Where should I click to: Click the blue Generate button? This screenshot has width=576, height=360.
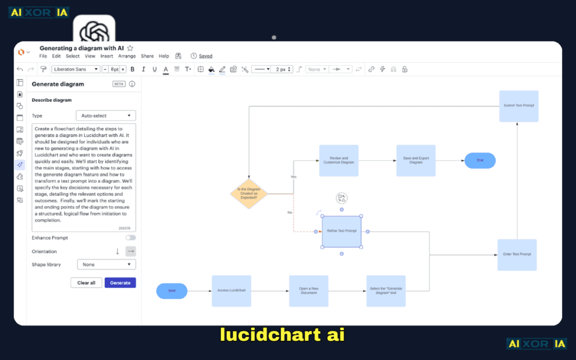[120, 282]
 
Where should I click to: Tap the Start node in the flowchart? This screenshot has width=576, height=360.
[172, 291]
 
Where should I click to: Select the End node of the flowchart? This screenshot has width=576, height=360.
[480, 160]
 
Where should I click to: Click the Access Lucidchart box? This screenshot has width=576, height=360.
[231, 291]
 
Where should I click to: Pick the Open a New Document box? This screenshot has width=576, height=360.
[308, 291]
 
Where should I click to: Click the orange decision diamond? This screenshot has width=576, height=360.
[249, 193]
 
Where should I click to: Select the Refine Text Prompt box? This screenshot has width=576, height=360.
[341, 231]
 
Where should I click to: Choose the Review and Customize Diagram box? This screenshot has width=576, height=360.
[339, 160]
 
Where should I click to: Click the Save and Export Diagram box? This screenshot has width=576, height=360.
[416, 160]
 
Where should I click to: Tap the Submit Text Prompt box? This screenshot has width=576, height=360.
[519, 106]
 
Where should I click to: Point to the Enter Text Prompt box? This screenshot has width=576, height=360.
[517, 254]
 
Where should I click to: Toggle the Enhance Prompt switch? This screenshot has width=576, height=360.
[130, 238]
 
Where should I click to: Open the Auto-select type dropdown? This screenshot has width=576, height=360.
[106, 115]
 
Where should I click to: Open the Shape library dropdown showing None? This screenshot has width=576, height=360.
[106, 264]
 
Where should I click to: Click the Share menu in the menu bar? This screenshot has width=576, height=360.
[147, 56]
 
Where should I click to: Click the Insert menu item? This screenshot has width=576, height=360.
[107, 56]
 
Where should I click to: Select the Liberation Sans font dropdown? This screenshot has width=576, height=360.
[75, 69]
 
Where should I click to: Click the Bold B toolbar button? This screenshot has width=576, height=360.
[133, 69]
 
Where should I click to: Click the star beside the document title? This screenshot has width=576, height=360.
[130, 48]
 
